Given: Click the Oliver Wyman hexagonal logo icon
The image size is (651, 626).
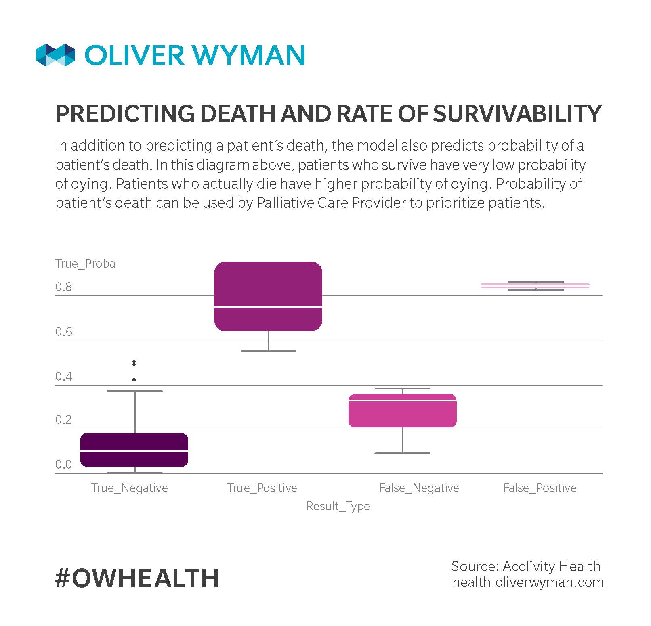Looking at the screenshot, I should [x=55, y=55].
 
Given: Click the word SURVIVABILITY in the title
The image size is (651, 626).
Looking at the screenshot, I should [x=517, y=114].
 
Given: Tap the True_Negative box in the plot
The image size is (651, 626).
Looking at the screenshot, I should [x=134, y=450].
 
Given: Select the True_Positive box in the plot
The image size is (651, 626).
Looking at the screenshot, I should [x=268, y=296].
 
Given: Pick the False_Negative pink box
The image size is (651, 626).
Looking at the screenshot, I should [x=402, y=410].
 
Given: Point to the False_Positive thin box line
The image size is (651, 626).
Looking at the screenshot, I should [x=535, y=285].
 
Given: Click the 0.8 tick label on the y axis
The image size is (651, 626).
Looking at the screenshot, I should [x=63, y=287].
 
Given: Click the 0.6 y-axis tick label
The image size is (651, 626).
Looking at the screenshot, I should [x=63, y=332].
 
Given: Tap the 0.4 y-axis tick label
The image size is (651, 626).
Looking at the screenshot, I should [x=63, y=377].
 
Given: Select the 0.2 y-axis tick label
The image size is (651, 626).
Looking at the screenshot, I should [x=63, y=420].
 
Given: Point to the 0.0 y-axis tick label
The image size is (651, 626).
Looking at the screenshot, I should [x=63, y=465].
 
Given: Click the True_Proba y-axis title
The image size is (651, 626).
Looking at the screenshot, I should [x=85, y=264].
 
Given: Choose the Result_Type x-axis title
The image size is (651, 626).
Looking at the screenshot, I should [x=338, y=506].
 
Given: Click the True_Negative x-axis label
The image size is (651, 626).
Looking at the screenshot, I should [x=129, y=488].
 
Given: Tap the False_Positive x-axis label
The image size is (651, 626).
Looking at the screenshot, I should [x=540, y=488].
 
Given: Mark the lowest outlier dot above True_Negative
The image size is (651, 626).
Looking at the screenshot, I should [x=134, y=379].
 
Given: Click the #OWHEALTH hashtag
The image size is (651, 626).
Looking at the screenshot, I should [x=137, y=578].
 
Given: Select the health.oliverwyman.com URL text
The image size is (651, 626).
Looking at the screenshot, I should [x=528, y=582].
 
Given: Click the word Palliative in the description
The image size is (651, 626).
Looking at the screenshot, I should [x=285, y=203].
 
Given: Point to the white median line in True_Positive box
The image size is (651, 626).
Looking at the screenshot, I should [x=268, y=307].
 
